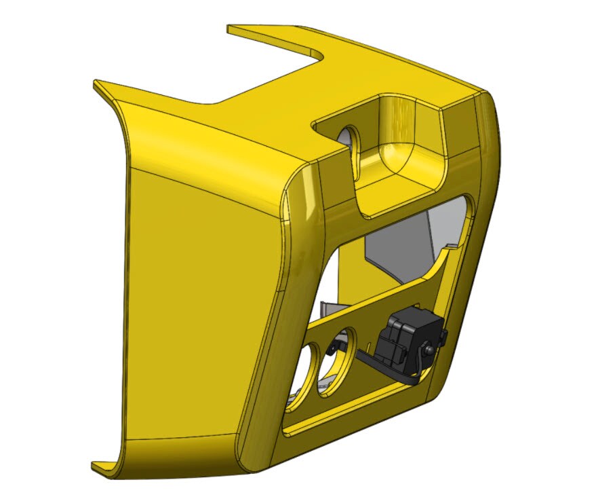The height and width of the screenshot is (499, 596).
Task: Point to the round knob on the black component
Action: pos(430,349)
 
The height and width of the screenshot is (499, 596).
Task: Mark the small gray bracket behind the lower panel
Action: pos(328,309)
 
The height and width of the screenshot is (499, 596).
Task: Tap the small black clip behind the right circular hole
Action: pos(334,348)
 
